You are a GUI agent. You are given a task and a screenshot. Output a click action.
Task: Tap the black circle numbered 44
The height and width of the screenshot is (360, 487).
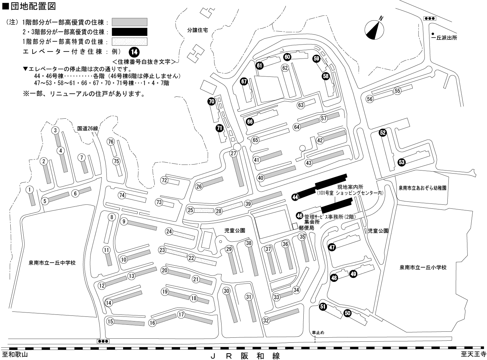pos(295,197)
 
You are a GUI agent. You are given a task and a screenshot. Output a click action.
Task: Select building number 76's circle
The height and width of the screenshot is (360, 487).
pos(111,142)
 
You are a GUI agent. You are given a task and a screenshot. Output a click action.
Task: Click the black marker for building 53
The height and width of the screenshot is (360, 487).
pos(402,162)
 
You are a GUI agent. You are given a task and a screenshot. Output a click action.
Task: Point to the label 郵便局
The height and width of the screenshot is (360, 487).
pos(306,228)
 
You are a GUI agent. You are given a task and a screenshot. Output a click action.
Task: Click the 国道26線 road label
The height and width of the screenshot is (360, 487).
pos(87,128)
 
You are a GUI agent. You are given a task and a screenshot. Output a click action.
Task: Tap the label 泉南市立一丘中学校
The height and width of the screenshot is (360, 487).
pos(52,263)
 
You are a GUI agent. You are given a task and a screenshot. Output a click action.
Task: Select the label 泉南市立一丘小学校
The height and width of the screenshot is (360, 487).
pos(423,267)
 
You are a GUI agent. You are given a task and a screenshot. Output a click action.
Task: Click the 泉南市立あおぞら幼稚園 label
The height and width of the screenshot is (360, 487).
pos(422,188)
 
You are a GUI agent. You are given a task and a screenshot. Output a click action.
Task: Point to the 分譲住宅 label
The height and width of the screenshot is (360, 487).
pos(197,30)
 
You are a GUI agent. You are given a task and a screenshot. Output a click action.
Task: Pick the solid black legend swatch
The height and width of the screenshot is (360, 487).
pos(129,32)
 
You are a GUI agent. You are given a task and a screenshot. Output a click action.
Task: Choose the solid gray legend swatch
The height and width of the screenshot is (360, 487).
pos(129,22)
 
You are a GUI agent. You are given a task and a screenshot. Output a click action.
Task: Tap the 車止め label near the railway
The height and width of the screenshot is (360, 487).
pos(318,332)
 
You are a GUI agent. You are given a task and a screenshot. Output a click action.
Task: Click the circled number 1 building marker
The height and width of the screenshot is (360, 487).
pos(30,190)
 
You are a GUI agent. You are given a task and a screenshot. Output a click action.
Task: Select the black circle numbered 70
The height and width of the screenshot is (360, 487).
pos(212,102)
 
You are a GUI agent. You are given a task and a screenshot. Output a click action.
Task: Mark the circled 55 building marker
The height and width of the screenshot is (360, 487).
pos(398,91)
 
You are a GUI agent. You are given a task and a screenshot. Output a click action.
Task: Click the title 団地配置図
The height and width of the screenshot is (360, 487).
pos(32,6)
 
